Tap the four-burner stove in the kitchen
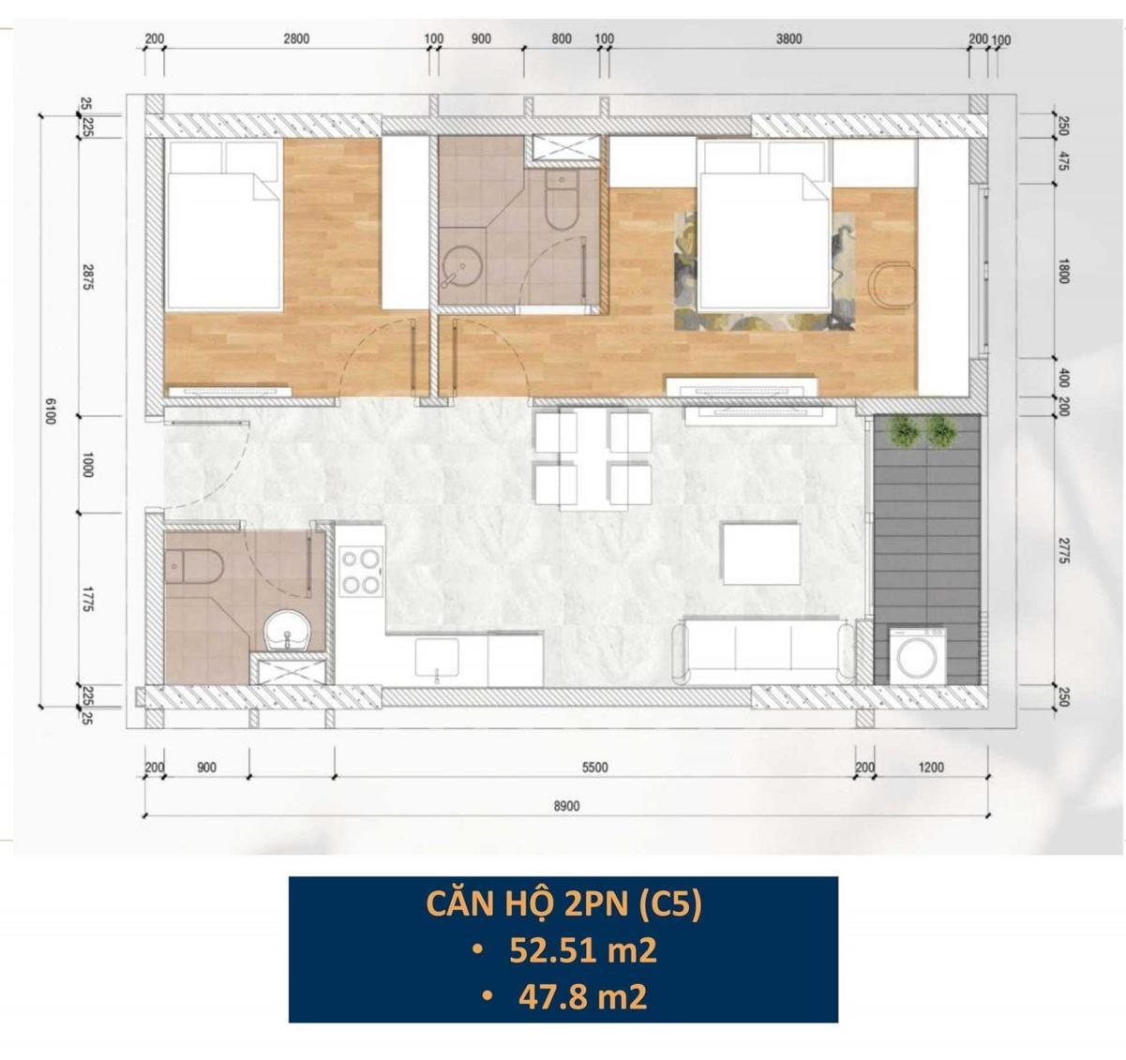pos(360,572)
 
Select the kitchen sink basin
pos(437,657)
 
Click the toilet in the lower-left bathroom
pos(194,565)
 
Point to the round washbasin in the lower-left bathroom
pos(288,631)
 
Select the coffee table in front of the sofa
pos(761,554)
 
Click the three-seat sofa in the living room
pos(762,650)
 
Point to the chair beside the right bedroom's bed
pos(892,286)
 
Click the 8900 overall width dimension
pos(566,805)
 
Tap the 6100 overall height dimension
pos(51,411)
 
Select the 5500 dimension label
pos(594,767)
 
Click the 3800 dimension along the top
pos(788,38)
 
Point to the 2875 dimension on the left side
pos(88,276)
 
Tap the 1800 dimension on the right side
pos(1063,271)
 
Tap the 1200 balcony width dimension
pos(931,767)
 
